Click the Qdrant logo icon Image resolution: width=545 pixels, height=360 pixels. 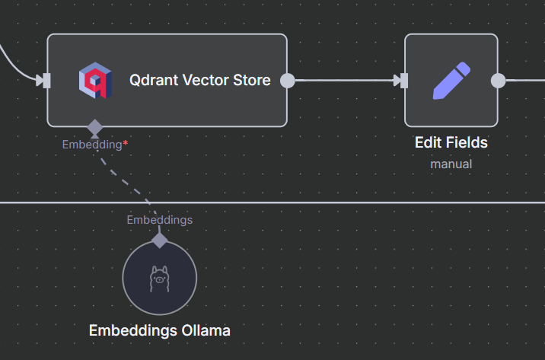coord(94,80)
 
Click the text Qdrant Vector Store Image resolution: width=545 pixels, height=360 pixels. coord(199,80)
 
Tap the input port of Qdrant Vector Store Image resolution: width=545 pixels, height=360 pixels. coord(47,80)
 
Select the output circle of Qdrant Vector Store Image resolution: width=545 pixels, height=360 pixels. coord(287,81)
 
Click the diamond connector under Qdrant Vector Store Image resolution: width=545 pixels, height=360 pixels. coord(94,126)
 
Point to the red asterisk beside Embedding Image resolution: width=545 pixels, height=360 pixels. coord(126,143)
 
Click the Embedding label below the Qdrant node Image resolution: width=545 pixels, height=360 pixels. coord(91,144)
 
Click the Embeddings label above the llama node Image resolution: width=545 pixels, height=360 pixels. coord(159,220)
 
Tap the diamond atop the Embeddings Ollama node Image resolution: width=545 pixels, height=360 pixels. coord(159,241)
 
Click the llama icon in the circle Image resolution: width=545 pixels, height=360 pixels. coord(159,279)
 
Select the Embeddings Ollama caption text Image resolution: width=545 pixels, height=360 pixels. coord(159,330)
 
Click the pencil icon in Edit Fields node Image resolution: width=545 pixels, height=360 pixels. coord(451,81)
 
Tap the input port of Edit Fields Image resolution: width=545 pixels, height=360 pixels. coord(404,81)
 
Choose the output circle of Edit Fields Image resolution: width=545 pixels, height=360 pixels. coord(498,81)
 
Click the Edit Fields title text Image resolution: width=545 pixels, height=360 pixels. coord(451,142)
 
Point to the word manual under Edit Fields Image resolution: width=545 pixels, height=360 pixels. coord(451,164)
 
